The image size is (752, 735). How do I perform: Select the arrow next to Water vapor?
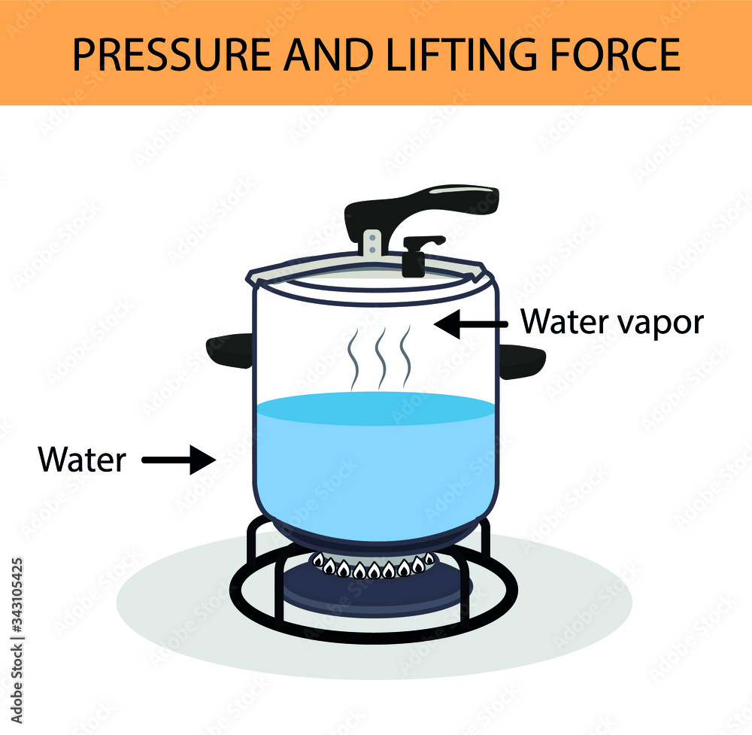coord(472,324)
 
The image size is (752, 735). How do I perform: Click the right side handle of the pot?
coord(520,360)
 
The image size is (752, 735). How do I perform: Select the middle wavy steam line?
coord(381,354)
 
